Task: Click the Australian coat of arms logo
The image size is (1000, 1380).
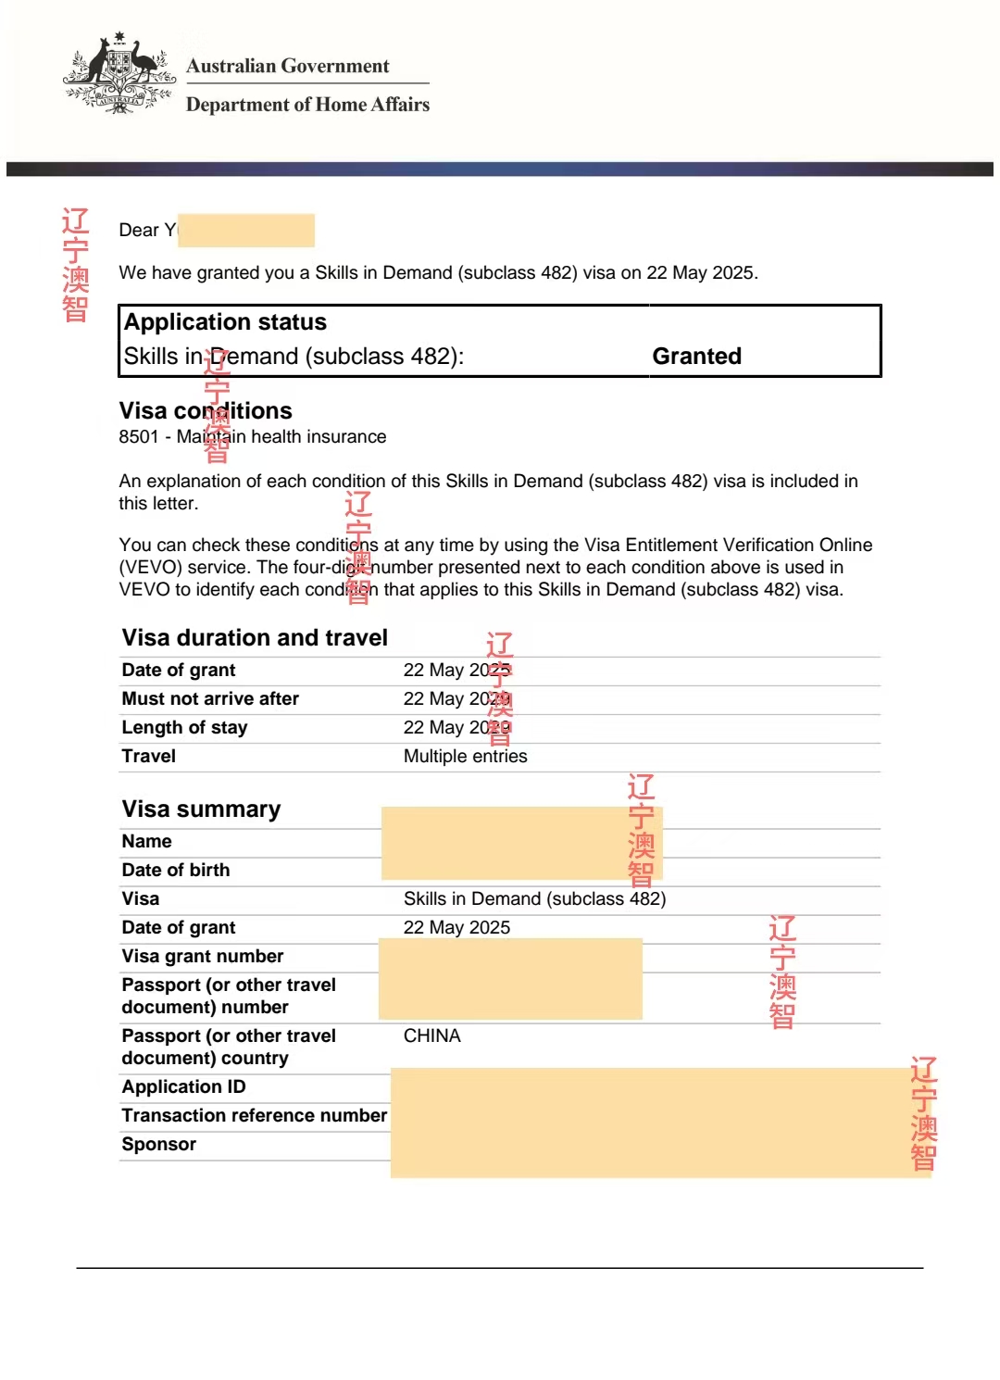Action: coord(119,75)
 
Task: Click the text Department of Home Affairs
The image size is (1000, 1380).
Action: coord(307,105)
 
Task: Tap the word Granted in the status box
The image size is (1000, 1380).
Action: coord(696,357)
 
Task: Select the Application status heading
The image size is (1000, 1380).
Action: coord(225,322)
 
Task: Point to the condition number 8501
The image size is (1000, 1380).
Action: coord(139,437)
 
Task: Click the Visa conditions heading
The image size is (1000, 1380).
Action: coord(206,411)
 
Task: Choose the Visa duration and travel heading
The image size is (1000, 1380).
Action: coord(255,638)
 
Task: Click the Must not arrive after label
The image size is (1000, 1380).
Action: coord(210,699)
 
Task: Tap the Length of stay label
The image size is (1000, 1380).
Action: coord(184,728)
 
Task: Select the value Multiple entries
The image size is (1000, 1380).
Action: coord(465,757)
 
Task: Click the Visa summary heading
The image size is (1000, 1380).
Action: coord(201,809)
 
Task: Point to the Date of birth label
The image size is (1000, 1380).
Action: coord(175,871)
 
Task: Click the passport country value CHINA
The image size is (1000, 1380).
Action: coord(431,1036)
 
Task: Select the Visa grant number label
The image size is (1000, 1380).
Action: coord(202,957)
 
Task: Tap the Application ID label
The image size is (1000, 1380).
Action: coord(183,1087)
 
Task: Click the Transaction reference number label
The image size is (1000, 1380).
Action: coord(254,1116)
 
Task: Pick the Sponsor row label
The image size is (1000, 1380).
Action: coord(158,1145)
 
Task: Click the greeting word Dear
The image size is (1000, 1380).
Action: coord(139,231)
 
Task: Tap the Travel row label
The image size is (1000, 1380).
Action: coord(148,757)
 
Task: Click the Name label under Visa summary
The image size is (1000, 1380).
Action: coord(146,842)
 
